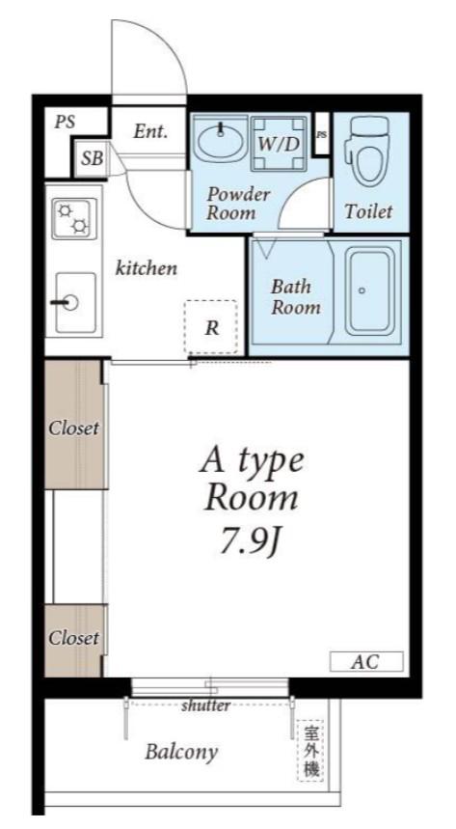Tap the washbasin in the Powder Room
tap(221, 137)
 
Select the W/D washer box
tap(279, 144)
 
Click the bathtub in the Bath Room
tap(370, 290)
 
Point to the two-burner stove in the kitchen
tap(74, 218)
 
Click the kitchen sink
tap(75, 303)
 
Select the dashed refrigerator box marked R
tap(210, 327)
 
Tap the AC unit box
tap(366, 661)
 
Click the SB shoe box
tap(92, 158)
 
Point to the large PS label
tap(65, 123)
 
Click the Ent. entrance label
tap(150, 131)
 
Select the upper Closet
tap(75, 425)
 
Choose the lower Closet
tap(74, 640)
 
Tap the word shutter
tap(205, 705)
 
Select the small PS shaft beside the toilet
tap(321, 134)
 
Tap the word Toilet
tap(369, 211)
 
